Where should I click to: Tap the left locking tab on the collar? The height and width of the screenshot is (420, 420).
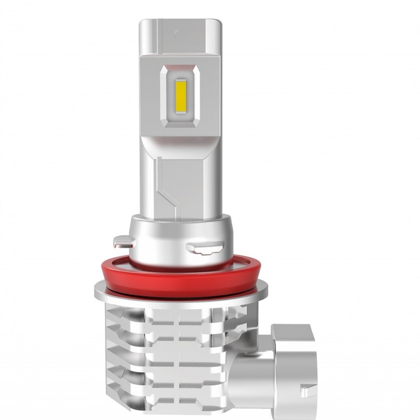tap(121, 241)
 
